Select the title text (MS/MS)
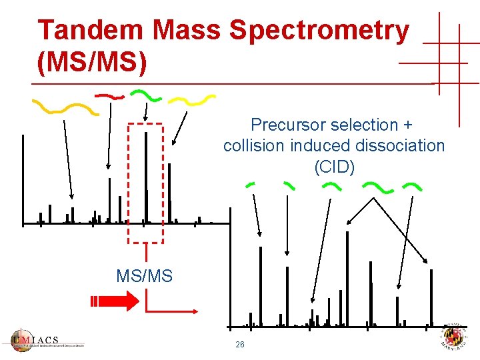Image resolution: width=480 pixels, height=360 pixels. (x=93, y=63)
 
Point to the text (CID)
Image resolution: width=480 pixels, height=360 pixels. (x=334, y=166)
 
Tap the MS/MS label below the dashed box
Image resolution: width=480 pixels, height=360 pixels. (x=144, y=275)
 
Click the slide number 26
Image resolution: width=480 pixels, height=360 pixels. (x=240, y=345)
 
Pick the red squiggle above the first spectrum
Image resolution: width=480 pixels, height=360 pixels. (x=110, y=96)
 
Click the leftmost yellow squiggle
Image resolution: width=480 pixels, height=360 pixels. (x=65, y=107)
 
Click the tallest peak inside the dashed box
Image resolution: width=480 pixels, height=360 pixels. (x=145, y=176)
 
